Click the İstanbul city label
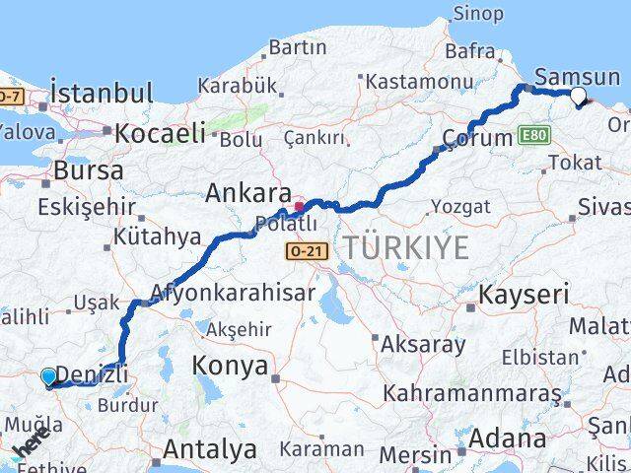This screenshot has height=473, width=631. tap(102, 95)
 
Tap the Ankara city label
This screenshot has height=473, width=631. tap(247, 193)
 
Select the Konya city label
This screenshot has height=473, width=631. tap(232, 367)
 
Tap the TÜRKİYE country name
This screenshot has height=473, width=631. tap(405, 248)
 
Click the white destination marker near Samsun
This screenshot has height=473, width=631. tap(578, 96)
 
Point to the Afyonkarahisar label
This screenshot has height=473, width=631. tap(233, 293)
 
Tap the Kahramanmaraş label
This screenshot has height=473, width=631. tap(472, 393)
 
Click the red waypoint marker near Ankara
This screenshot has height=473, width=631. tap(299, 207)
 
